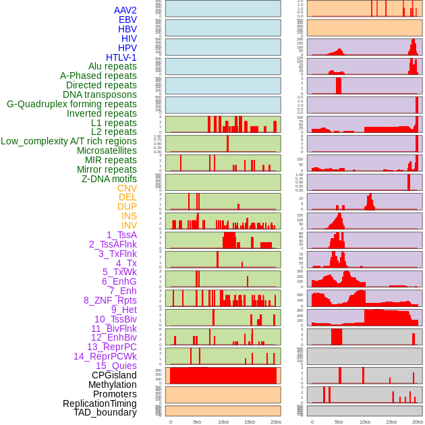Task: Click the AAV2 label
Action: coord(125,10)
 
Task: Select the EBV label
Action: coord(128,20)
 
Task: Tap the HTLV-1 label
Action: coord(121,57)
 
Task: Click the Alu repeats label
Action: coord(113,67)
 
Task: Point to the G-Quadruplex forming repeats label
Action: coord(72,105)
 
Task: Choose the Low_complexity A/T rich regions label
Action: coord(69,141)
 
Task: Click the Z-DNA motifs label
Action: coord(109,179)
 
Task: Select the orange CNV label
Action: coord(127,188)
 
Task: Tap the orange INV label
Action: coord(129,225)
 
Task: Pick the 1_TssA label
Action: coord(121,235)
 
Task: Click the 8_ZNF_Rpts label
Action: coord(110,300)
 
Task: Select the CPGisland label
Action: coord(114,375)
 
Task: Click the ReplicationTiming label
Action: coord(100,403)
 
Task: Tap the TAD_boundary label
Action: coord(105,412)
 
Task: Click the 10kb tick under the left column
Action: coord(223,422)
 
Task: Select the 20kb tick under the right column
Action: coord(418,422)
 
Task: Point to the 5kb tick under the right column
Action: coord(338,422)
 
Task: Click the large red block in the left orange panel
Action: coord(223,375)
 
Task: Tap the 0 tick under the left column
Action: coord(170,422)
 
